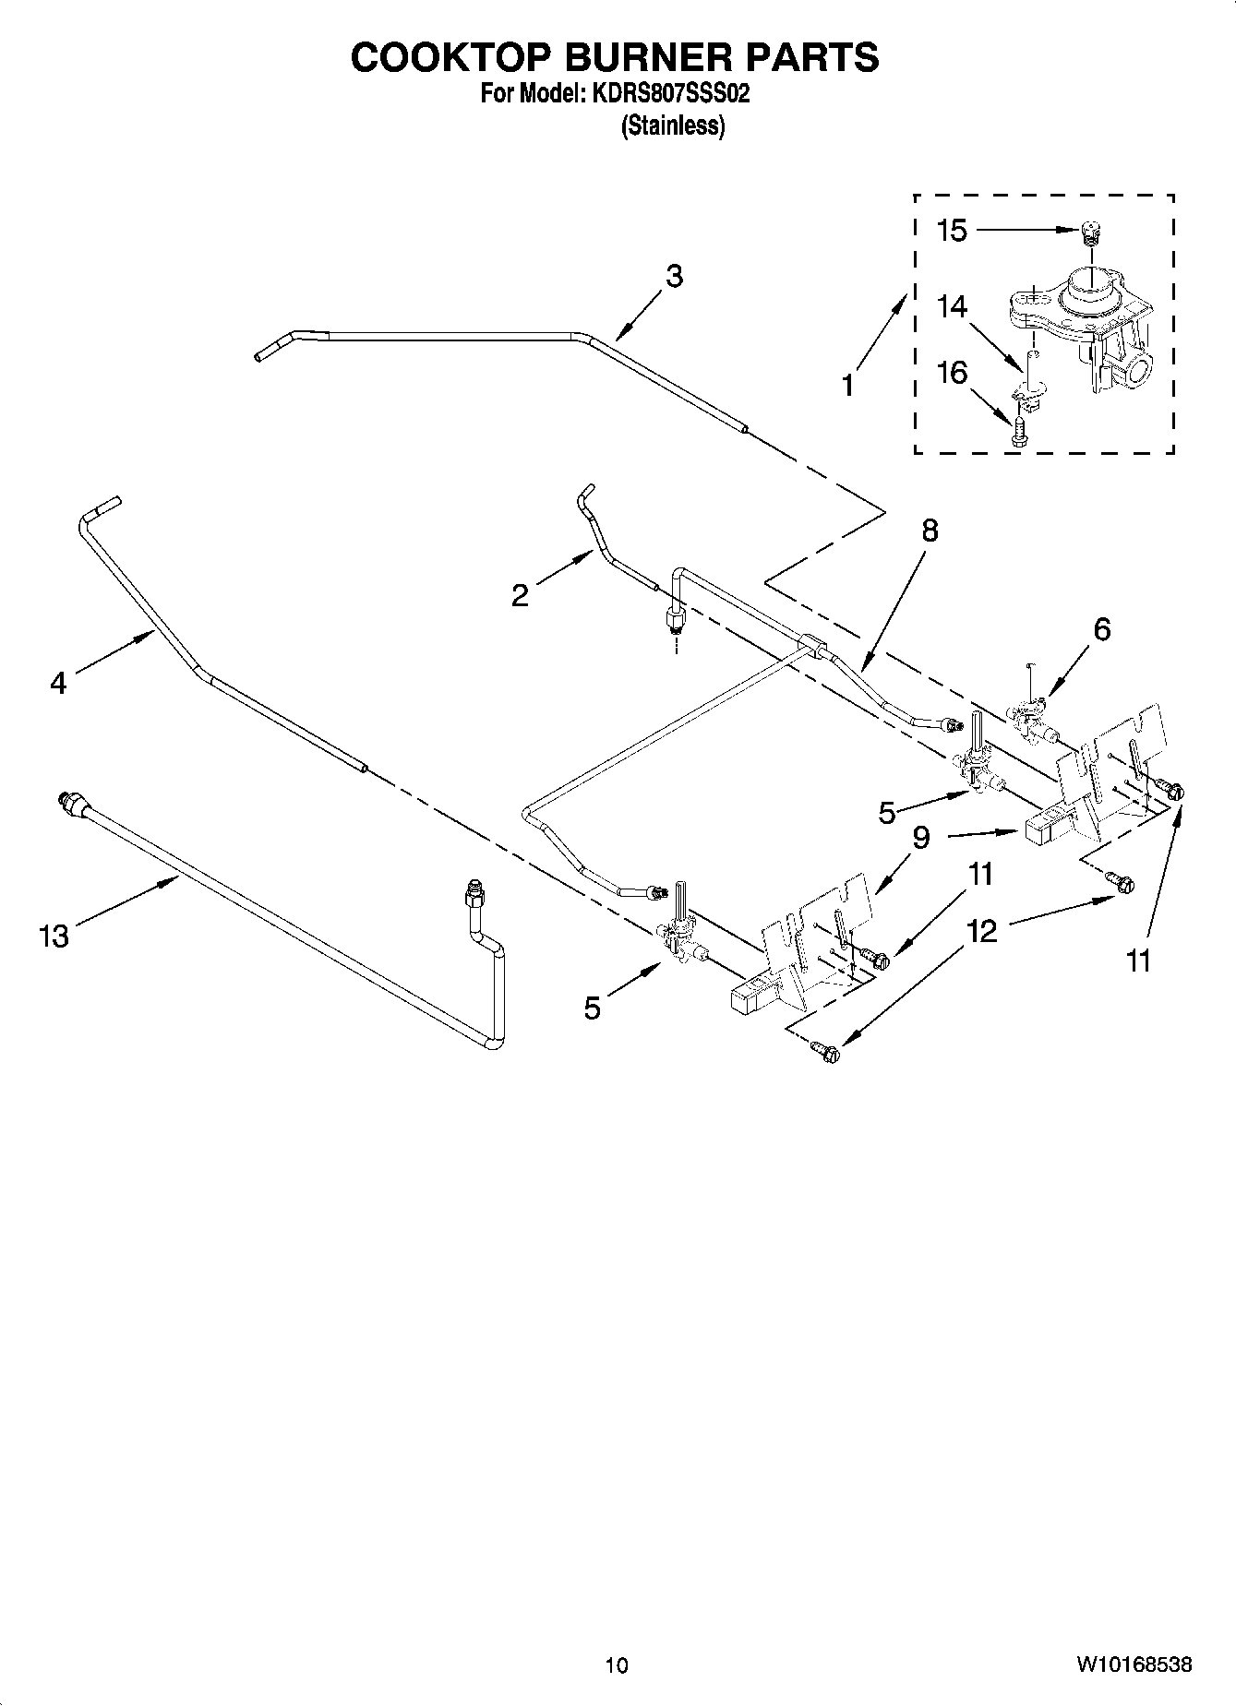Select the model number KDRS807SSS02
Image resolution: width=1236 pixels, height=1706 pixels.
(x=663, y=94)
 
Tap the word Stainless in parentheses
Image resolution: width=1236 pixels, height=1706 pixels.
(x=673, y=125)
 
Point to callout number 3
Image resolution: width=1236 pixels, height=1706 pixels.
(x=674, y=275)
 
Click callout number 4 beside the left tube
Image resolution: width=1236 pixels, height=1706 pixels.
(x=58, y=684)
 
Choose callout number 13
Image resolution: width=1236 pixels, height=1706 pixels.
(x=54, y=937)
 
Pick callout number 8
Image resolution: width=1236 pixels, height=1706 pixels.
(x=929, y=531)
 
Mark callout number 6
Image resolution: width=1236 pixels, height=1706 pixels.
(x=1101, y=629)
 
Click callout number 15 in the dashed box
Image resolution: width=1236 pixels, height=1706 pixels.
(x=952, y=230)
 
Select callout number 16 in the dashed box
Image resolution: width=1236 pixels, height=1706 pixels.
(x=952, y=373)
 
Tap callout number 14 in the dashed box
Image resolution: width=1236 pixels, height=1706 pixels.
(x=952, y=305)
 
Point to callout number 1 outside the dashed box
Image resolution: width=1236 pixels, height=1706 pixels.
(x=848, y=384)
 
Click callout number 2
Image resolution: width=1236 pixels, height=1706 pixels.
(x=521, y=595)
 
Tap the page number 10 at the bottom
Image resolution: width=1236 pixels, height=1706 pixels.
(x=617, y=1664)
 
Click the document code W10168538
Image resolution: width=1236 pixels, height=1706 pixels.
(x=1133, y=1664)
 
